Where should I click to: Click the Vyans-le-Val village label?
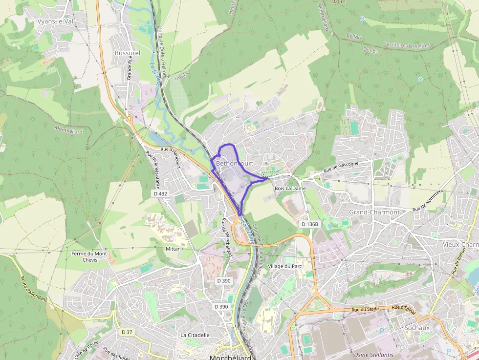click(55, 21)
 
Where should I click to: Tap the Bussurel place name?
click(127, 53)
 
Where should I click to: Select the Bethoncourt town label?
click(235, 163)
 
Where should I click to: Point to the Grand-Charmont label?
click(374, 212)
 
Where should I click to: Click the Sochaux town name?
click(417, 328)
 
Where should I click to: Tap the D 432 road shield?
click(160, 193)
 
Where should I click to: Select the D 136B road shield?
click(309, 224)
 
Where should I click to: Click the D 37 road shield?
click(127, 332)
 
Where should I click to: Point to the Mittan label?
click(173, 249)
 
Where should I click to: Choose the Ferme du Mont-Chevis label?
click(89, 256)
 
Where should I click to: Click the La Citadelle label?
click(195, 335)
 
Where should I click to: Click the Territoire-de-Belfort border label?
click(407, 45)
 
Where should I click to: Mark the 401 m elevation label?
click(338, 2)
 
